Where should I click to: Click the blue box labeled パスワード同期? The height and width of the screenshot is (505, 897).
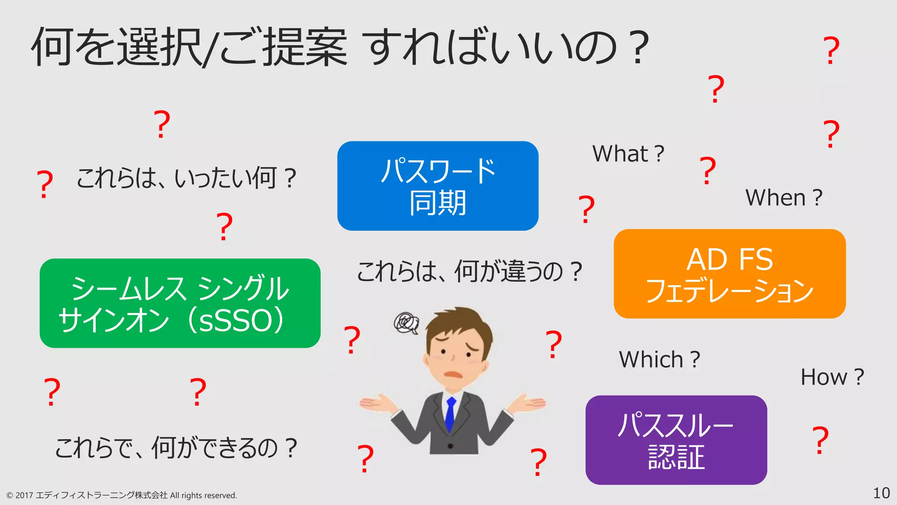(x=438, y=186)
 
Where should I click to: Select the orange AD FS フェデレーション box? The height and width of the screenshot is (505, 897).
(x=729, y=274)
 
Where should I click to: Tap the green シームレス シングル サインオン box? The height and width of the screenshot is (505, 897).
(x=180, y=303)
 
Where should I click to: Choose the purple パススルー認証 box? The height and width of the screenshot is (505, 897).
(x=676, y=440)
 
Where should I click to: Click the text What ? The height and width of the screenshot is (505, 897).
(x=628, y=154)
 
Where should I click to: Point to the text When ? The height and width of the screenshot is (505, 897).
(x=784, y=198)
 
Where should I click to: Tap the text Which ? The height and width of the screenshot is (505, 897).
(x=659, y=360)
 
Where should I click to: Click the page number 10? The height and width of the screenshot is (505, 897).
(x=881, y=493)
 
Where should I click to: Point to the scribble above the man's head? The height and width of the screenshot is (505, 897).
(x=406, y=324)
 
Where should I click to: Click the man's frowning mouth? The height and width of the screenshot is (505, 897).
(x=454, y=375)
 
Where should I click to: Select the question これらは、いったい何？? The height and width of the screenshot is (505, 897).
(x=186, y=178)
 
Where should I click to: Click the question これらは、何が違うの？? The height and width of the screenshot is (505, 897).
(x=469, y=272)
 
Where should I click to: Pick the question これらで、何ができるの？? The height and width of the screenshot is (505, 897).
(x=176, y=448)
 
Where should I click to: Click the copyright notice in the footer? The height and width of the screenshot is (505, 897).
(x=121, y=495)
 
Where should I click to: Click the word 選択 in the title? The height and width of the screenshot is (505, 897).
(x=160, y=47)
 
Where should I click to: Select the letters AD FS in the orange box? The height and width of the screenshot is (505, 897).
(x=729, y=259)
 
